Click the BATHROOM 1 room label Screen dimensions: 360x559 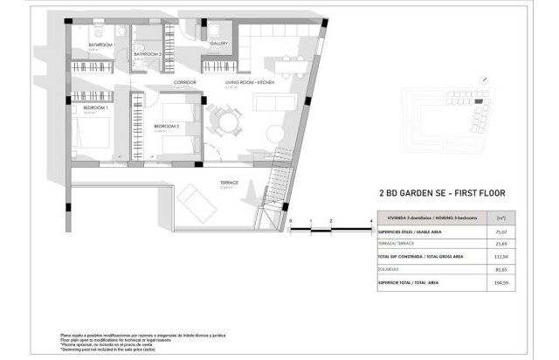click(102, 45)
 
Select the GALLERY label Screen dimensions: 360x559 click(218, 42)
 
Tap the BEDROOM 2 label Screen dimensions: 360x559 click(166, 126)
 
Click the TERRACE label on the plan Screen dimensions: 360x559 click(229, 183)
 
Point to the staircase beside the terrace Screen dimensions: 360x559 click(279, 183)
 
